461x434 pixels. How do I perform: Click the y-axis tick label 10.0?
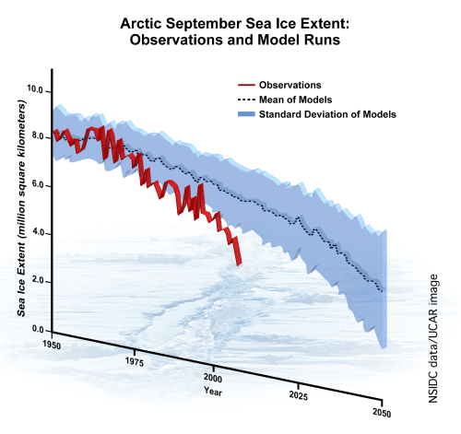coord(37,90)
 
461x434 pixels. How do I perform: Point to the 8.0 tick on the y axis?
coord(37,137)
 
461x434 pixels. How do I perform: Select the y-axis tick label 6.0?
coord(37,185)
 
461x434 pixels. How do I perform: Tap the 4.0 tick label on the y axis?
coord(37,233)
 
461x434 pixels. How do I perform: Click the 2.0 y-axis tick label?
coord(37,281)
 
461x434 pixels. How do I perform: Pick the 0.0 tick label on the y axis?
coord(37,329)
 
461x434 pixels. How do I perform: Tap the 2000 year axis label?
coord(214,378)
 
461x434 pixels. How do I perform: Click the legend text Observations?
coord(290,83)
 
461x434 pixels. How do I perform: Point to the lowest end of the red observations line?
coord(239,264)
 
